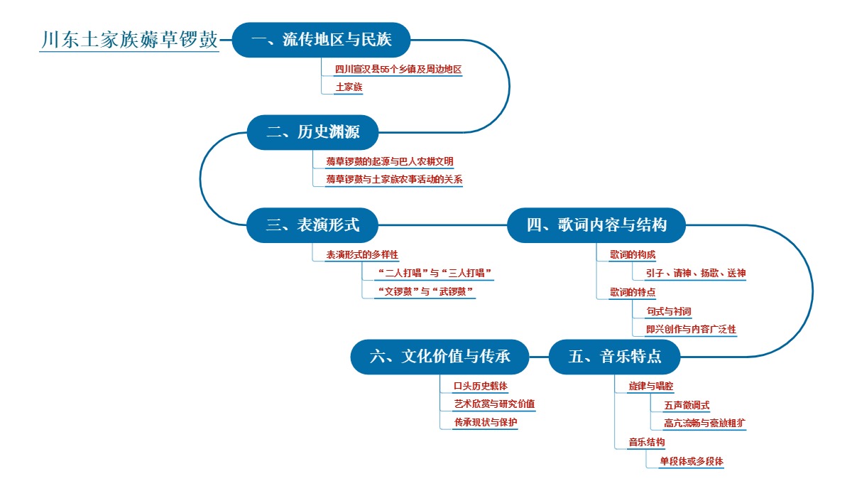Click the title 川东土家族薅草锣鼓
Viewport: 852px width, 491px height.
[129, 40]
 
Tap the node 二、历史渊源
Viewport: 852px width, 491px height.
[312, 133]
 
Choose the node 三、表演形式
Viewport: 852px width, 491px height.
[312, 225]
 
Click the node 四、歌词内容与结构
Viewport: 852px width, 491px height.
[596, 225]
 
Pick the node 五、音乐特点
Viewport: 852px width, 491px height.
[615, 357]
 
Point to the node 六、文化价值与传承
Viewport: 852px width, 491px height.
[440, 357]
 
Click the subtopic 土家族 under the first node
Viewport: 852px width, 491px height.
[349, 87]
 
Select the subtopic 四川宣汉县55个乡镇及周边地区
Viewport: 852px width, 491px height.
[398, 70]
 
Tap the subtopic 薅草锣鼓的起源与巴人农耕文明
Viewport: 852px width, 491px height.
[389, 162]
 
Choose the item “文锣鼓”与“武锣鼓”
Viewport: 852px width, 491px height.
[425, 291]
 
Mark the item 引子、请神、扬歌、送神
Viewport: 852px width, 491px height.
[695, 273]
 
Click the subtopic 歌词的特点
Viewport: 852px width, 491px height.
[632, 292]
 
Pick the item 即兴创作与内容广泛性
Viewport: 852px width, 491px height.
[690, 329]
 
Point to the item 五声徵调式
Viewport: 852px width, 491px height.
[687, 405]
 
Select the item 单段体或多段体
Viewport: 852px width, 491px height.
[691, 460]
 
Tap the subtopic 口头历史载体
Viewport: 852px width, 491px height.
[481, 387]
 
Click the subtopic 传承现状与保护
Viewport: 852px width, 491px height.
[486, 422]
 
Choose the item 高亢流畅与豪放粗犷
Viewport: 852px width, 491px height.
[704, 423]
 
